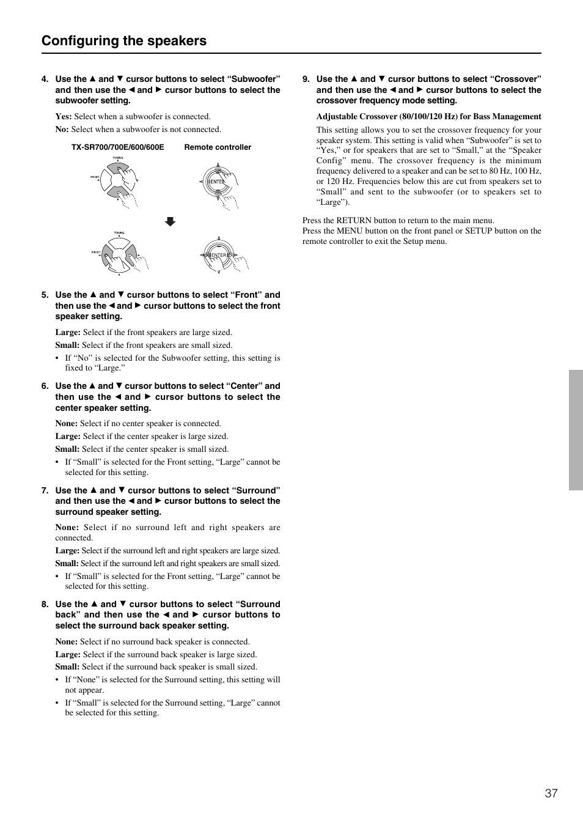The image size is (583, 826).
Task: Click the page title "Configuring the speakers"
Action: click(x=124, y=40)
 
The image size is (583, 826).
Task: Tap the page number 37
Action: click(x=551, y=793)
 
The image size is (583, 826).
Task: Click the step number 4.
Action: click(x=45, y=79)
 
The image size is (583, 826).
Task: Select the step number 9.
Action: click(x=306, y=79)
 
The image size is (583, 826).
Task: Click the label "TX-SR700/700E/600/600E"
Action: click(x=117, y=147)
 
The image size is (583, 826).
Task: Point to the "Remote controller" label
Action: click(x=218, y=147)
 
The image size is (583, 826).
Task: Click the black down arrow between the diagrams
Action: click(x=170, y=222)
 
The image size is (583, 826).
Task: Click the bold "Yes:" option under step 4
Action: click(x=64, y=117)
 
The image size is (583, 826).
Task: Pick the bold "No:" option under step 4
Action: click(x=62, y=130)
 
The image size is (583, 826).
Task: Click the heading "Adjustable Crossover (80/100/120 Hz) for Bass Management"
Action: click(x=428, y=117)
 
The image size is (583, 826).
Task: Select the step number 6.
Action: click(x=45, y=386)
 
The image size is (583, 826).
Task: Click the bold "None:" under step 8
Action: click(x=66, y=642)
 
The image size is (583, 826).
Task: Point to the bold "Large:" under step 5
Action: click(x=68, y=333)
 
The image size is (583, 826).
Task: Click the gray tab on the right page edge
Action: click(x=576, y=430)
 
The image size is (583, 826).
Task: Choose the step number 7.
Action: click(x=45, y=490)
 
